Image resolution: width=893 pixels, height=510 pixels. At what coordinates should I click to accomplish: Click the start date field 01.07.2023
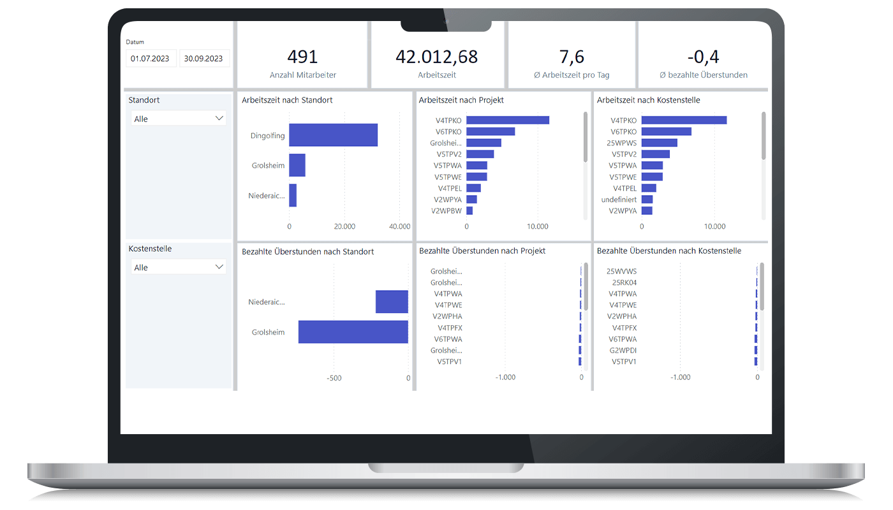pyautogui.click(x=150, y=59)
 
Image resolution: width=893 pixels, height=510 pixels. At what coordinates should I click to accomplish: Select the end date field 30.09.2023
pyautogui.click(x=203, y=59)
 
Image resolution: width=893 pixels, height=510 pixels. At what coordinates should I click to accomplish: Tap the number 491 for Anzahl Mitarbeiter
pyautogui.click(x=302, y=57)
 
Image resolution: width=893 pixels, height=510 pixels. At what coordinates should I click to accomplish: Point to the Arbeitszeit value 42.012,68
pyautogui.click(x=436, y=57)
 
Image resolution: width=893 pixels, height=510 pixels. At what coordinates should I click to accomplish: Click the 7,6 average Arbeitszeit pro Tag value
pyautogui.click(x=572, y=57)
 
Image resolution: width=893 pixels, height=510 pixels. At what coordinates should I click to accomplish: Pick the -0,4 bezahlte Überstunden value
pyautogui.click(x=704, y=57)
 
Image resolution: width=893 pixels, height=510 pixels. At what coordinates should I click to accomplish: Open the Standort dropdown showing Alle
pyautogui.click(x=179, y=119)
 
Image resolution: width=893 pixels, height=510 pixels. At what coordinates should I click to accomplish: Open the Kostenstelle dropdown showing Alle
pyautogui.click(x=179, y=267)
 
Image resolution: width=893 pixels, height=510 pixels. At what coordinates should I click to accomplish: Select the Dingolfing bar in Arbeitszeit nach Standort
pyautogui.click(x=333, y=135)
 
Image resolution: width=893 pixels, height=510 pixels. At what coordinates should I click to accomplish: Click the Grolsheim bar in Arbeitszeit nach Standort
pyautogui.click(x=297, y=165)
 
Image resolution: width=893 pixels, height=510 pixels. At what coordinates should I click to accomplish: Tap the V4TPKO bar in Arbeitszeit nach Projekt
pyautogui.click(x=508, y=120)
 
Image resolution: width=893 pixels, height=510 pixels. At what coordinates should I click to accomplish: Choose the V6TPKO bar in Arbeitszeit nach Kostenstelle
pyautogui.click(x=667, y=131)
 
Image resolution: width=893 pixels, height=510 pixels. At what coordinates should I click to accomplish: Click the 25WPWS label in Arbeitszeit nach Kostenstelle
pyautogui.click(x=621, y=143)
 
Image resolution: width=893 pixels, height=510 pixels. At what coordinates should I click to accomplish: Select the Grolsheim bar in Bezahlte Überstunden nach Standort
pyautogui.click(x=353, y=332)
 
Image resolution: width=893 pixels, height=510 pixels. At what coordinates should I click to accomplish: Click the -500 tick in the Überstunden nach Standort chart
pyautogui.click(x=334, y=378)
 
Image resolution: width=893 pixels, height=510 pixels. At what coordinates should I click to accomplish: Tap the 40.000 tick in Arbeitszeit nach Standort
pyautogui.click(x=399, y=226)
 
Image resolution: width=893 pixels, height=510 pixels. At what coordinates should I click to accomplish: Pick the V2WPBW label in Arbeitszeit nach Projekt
pyautogui.click(x=447, y=210)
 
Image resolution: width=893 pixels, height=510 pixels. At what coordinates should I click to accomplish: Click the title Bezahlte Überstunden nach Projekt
pyautogui.click(x=482, y=251)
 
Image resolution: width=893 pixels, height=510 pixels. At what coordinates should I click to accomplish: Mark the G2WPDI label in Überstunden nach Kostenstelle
pyautogui.click(x=623, y=350)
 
